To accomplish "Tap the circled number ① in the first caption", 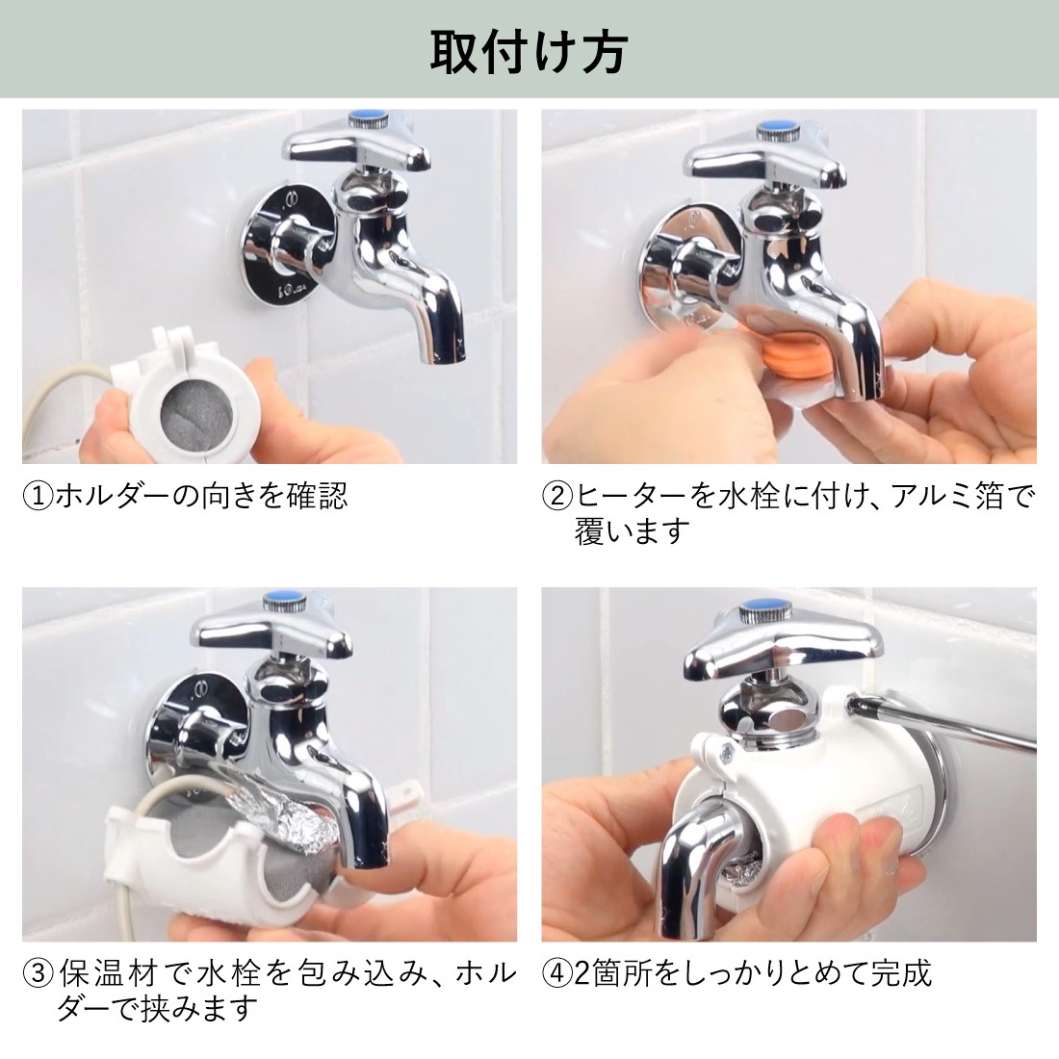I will pos(37,496).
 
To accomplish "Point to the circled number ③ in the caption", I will pos(37,973).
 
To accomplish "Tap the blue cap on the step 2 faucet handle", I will pos(772,127).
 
